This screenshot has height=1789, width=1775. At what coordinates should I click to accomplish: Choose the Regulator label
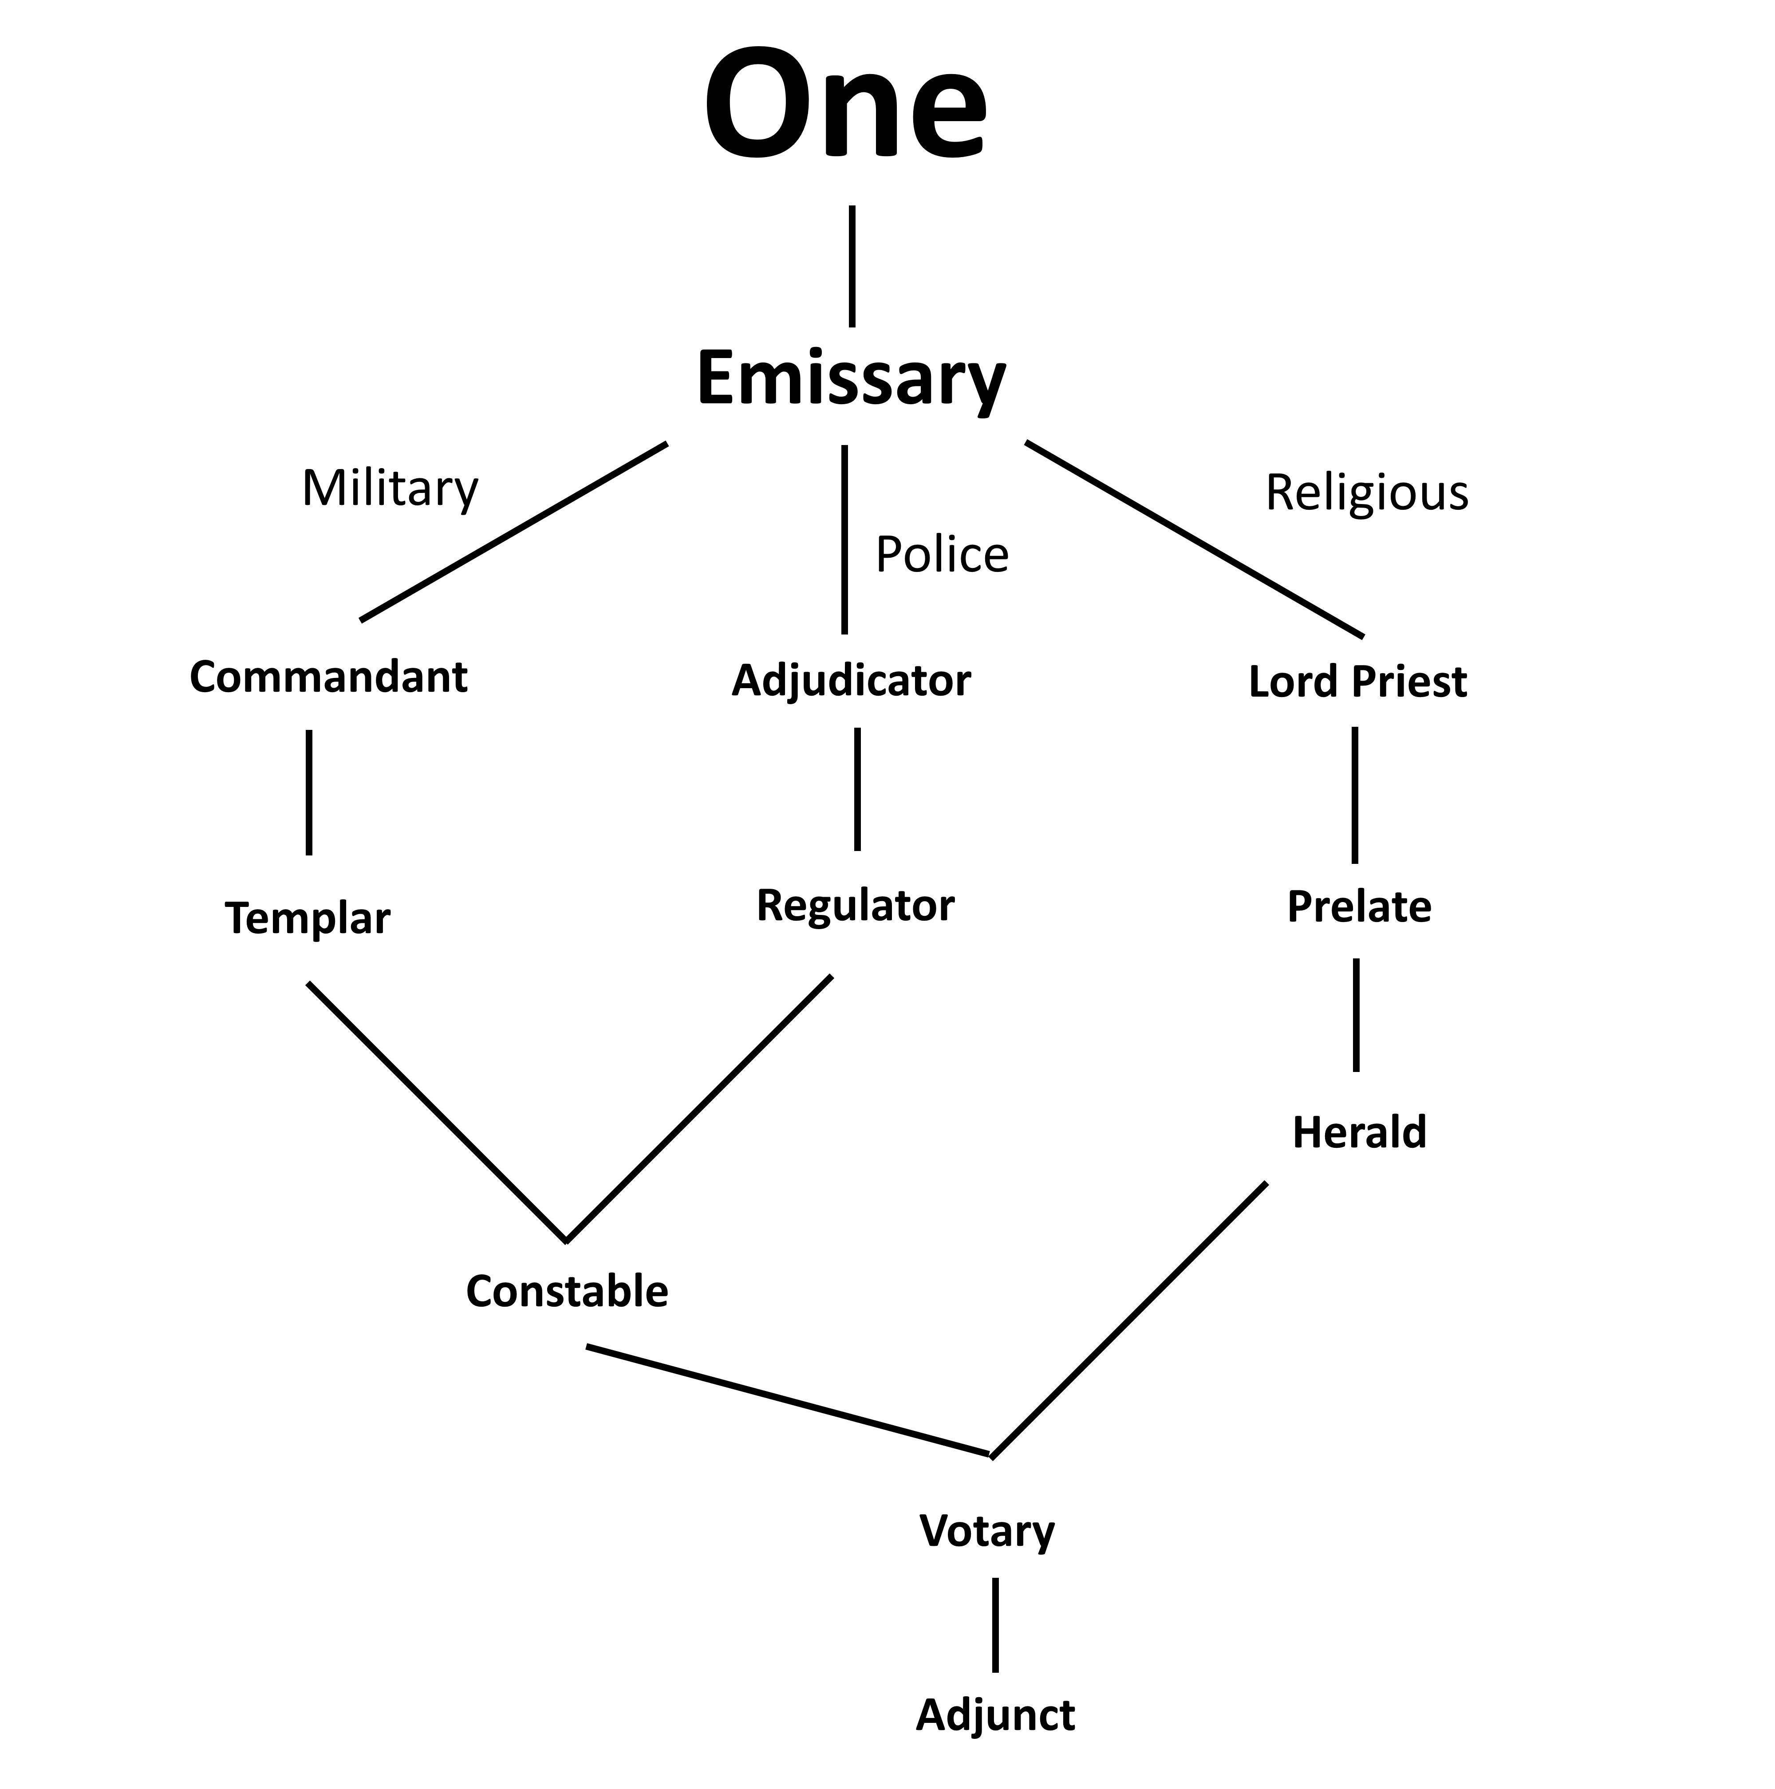[x=855, y=906]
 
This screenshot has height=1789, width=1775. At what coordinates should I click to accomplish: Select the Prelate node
[x=1358, y=906]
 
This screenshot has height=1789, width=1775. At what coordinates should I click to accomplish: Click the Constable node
[x=567, y=1291]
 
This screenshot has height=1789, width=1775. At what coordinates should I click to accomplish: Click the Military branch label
[x=390, y=489]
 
